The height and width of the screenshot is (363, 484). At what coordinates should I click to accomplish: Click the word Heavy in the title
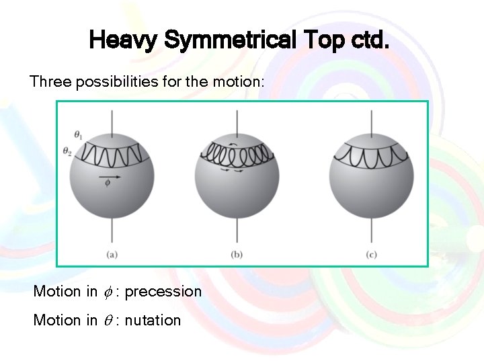pos(123,42)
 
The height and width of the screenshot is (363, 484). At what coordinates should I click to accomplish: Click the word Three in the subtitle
pos(50,82)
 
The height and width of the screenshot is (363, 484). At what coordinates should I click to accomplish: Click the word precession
pos(163,292)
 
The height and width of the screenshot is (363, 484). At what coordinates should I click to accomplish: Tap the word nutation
pos(153,321)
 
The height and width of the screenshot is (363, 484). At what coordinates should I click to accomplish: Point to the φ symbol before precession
pos(109,292)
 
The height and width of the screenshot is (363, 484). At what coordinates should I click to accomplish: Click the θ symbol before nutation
pos(109,321)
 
